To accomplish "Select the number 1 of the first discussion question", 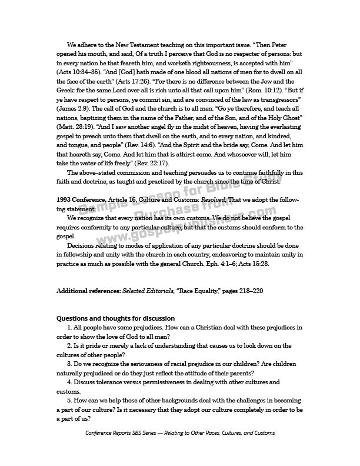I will (x=69, y=328).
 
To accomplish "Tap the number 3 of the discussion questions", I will (x=69, y=365).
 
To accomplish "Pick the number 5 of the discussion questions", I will (x=69, y=402).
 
